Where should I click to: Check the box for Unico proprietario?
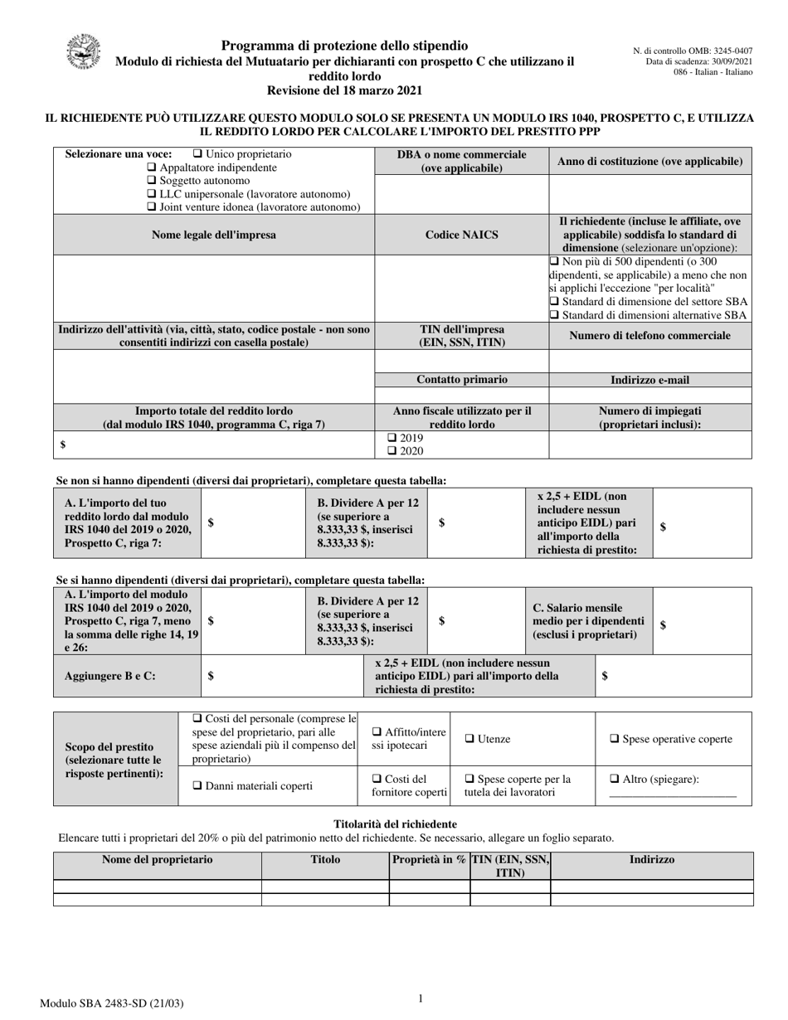point(197,154)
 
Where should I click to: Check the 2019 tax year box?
point(392,438)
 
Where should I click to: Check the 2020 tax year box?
point(392,451)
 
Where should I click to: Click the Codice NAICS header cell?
point(462,235)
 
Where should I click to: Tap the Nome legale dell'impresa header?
point(214,235)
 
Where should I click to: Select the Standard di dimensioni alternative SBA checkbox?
point(555,315)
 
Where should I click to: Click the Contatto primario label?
point(462,380)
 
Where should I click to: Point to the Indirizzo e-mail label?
point(649,380)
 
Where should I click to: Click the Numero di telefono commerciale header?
point(649,336)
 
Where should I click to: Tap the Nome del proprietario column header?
point(157,860)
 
